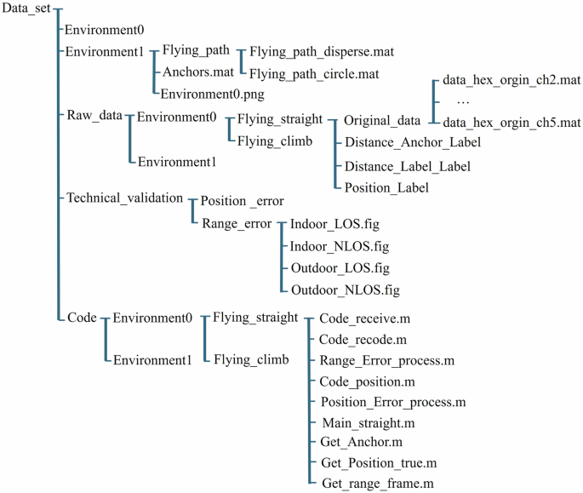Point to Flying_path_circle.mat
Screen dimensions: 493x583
(x=313, y=73)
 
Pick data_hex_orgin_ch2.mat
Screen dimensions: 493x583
(x=512, y=83)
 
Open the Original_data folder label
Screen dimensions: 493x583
(x=383, y=122)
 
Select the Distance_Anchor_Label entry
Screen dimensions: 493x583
(x=413, y=143)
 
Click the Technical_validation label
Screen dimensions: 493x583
(x=124, y=198)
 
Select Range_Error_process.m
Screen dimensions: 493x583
(x=387, y=360)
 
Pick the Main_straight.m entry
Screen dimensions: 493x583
(x=368, y=421)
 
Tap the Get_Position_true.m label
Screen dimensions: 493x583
(x=379, y=463)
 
